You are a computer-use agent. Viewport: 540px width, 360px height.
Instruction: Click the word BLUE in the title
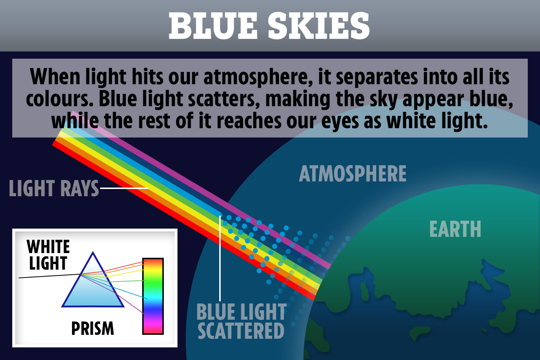pos(213,26)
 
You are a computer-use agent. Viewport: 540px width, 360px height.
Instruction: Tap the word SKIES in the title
pos(319,26)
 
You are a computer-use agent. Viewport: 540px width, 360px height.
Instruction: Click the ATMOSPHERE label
pos(353,174)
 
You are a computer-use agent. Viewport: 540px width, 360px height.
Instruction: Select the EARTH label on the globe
pos(455,229)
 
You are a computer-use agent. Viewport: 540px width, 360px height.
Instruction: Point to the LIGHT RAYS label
pos(54,188)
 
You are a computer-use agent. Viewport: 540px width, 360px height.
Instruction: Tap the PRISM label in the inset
pos(93,328)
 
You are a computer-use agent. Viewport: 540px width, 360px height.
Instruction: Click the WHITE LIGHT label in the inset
pos(48,255)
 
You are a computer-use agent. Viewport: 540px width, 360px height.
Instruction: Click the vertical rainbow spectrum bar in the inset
pos(153,296)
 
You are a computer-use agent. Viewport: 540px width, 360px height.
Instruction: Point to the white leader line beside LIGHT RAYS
pos(124,188)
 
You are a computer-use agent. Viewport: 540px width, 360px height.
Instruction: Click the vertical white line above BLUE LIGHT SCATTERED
pos(220,258)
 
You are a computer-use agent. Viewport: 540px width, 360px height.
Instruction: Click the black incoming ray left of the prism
pos(50,276)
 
